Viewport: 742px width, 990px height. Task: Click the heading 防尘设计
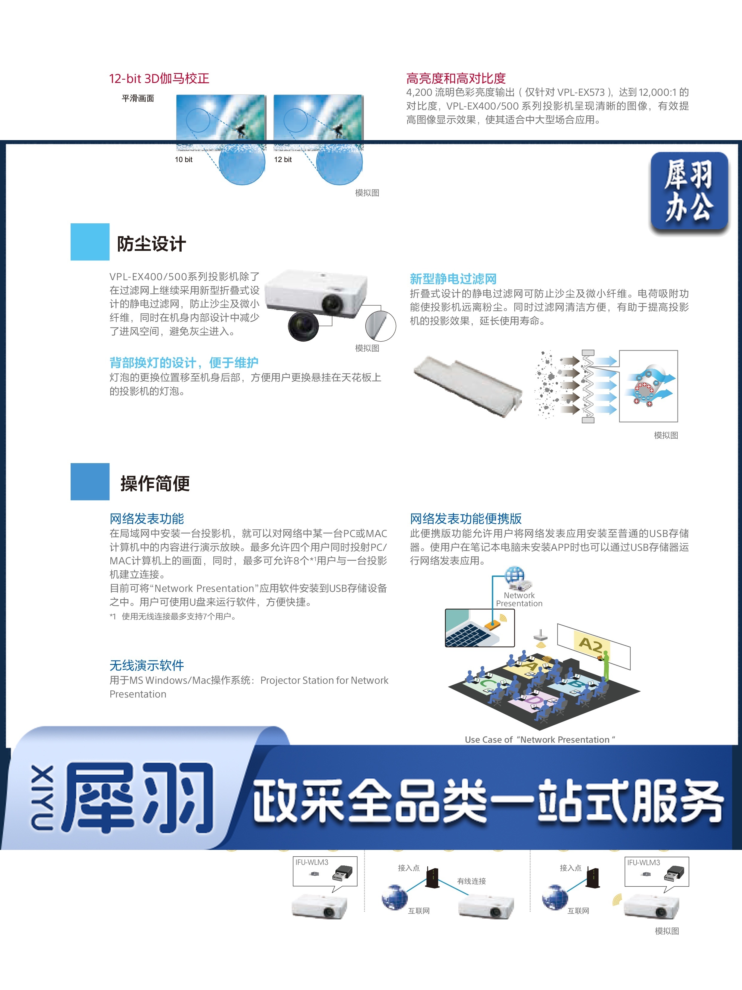[x=151, y=244]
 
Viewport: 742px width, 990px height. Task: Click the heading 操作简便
[x=155, y=483]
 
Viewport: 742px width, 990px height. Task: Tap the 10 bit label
[x=183, y=159]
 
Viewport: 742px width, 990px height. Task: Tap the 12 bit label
[x=283, y=159]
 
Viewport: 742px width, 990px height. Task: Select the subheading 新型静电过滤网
[x=453, y=279]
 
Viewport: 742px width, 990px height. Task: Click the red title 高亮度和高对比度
[x=456, y=78]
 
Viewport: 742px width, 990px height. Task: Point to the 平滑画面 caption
[x=138, y=98]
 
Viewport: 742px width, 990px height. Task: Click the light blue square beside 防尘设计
[x=90, y=242]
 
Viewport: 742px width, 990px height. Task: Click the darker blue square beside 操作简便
[x=90, y=482]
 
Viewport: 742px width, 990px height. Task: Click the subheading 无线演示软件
[x=147, y=665]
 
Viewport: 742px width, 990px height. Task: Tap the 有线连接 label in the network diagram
[x=472, y=881]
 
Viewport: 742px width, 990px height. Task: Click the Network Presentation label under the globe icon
[x=519, y=599]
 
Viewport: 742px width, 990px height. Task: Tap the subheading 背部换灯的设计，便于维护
[x=184, y=363]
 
